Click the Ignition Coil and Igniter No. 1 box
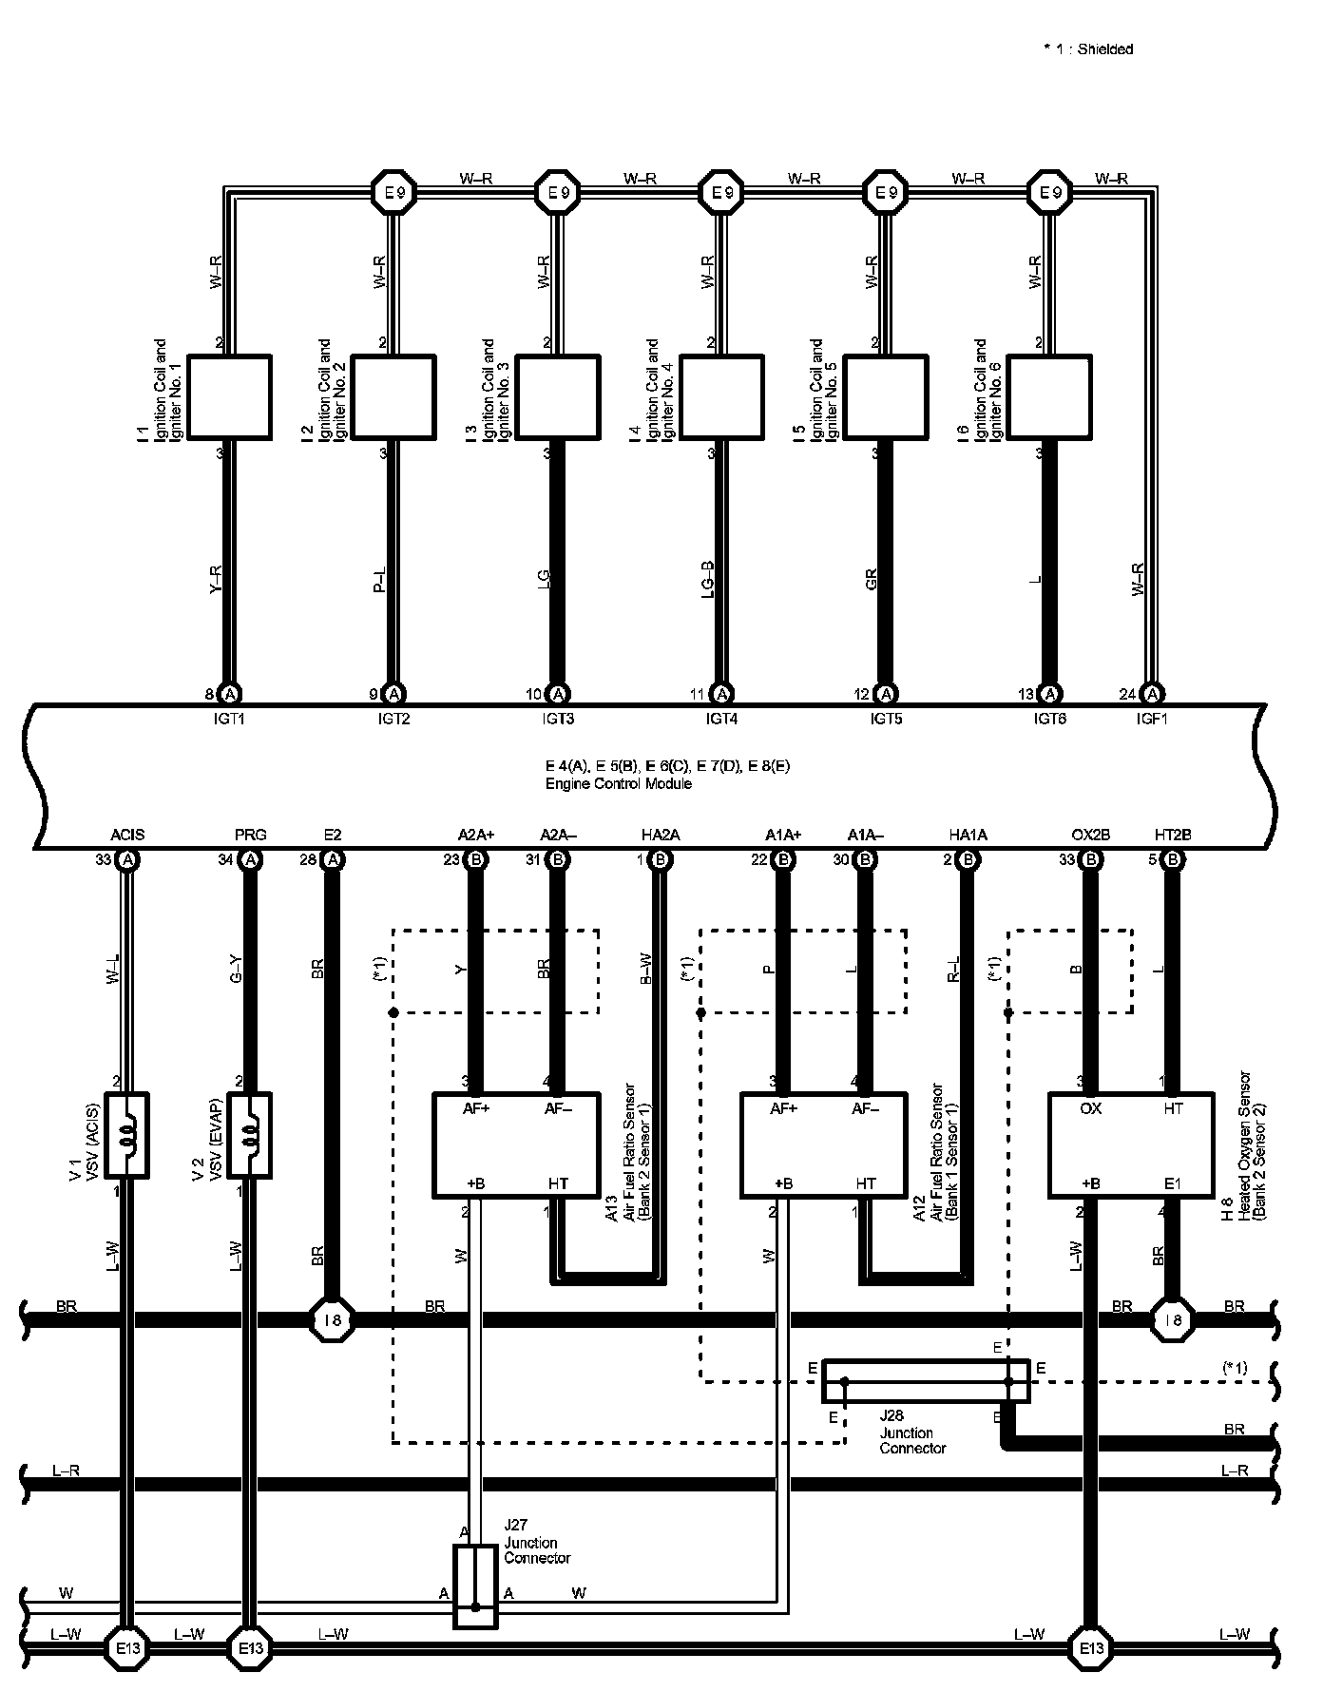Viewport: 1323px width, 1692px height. tap(229, 397)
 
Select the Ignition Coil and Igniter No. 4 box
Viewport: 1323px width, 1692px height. tap(722, 397)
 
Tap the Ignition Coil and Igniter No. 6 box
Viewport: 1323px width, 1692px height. tap(1049, 397)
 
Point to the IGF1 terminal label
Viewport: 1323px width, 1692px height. tap(1152, 720)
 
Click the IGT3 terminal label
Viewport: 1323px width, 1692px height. tap(558, 720)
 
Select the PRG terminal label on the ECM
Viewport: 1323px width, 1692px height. tap(250, 835)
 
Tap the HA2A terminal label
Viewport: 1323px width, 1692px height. tap(661, 835)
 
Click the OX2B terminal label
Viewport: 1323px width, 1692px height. tap(1090, 835)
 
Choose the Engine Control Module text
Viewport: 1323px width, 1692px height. tap(618, 784)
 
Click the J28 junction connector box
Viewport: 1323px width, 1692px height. tap(926, 1380)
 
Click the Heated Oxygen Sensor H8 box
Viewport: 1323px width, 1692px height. tap(1131, 1145)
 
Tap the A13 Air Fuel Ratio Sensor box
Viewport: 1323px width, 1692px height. tap(516, 1145)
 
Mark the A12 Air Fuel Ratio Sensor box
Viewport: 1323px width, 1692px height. tap(823, 1145)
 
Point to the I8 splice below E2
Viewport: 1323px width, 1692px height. tap(332, 1319)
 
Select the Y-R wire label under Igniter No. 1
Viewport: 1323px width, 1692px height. tap(215, 579)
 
